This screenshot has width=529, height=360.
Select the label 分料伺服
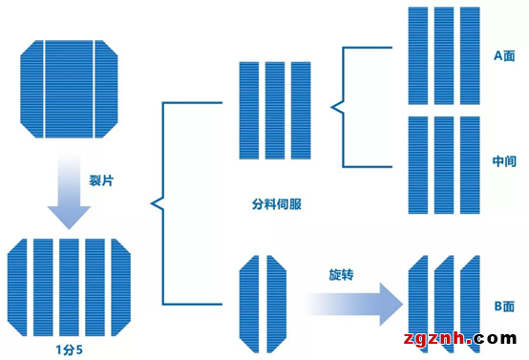pos(276,203)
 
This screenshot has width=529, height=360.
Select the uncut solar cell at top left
pos(69,88)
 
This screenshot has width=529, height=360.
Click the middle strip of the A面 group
pos(444,55)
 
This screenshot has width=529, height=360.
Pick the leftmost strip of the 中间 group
pos(418,164)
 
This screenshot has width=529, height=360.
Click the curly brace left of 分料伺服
pos(155,201)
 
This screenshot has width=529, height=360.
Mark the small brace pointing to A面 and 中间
pos(336,105)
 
